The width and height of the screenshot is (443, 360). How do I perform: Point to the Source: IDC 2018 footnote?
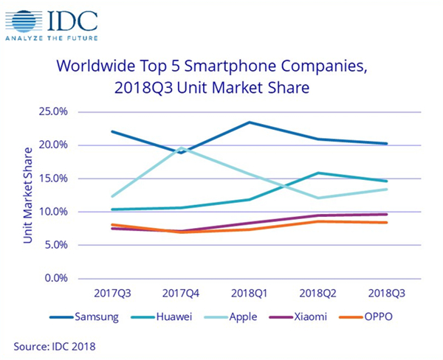[52, 345]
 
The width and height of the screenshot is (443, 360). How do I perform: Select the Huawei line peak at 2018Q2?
[318, 173]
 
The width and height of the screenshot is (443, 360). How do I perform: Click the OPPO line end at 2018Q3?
[387, 223]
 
